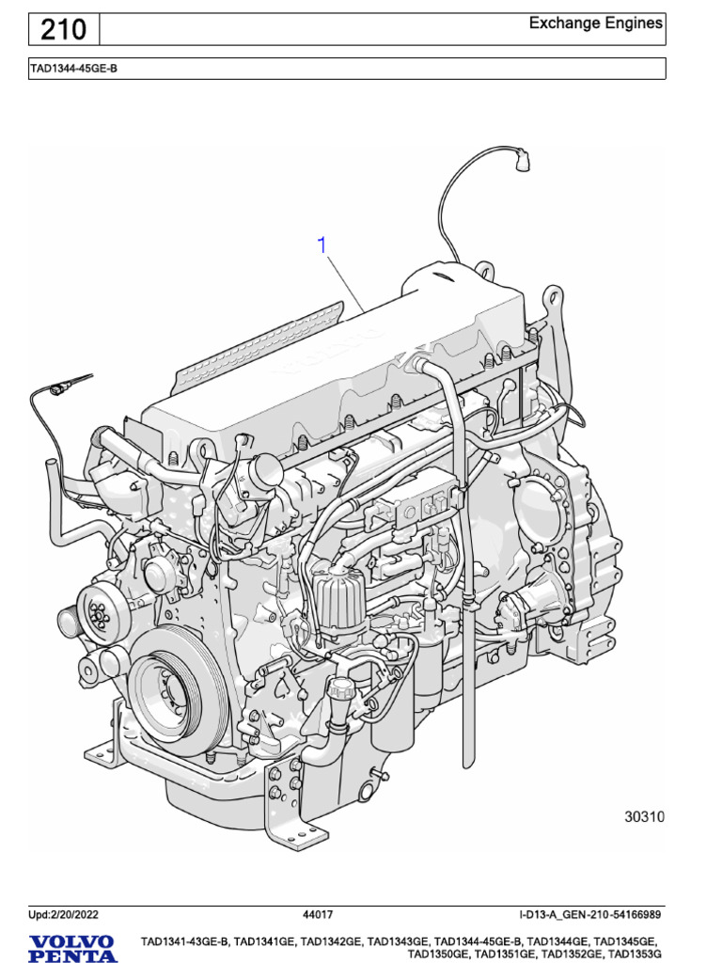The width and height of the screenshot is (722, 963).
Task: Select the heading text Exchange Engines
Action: pyautogui.click(x=595, y=23)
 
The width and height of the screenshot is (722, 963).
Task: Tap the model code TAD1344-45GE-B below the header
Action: pyautogui.click(x=74, y=69)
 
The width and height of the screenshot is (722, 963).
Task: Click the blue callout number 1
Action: pyautogui.click(x=322, y=245)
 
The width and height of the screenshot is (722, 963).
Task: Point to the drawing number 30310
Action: pyautogui.click(x=644, y=817)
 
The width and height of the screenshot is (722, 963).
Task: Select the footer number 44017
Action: pyautogui.click(x=318, y=914)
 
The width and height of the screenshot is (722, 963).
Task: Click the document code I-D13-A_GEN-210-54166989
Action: pyautogui.click(x=589, y=914)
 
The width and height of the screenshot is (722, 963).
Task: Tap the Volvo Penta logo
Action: pyautogui.click(x=71, y=947)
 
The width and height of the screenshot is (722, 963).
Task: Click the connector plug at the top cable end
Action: pyautogui.click(x=519, y=162)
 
